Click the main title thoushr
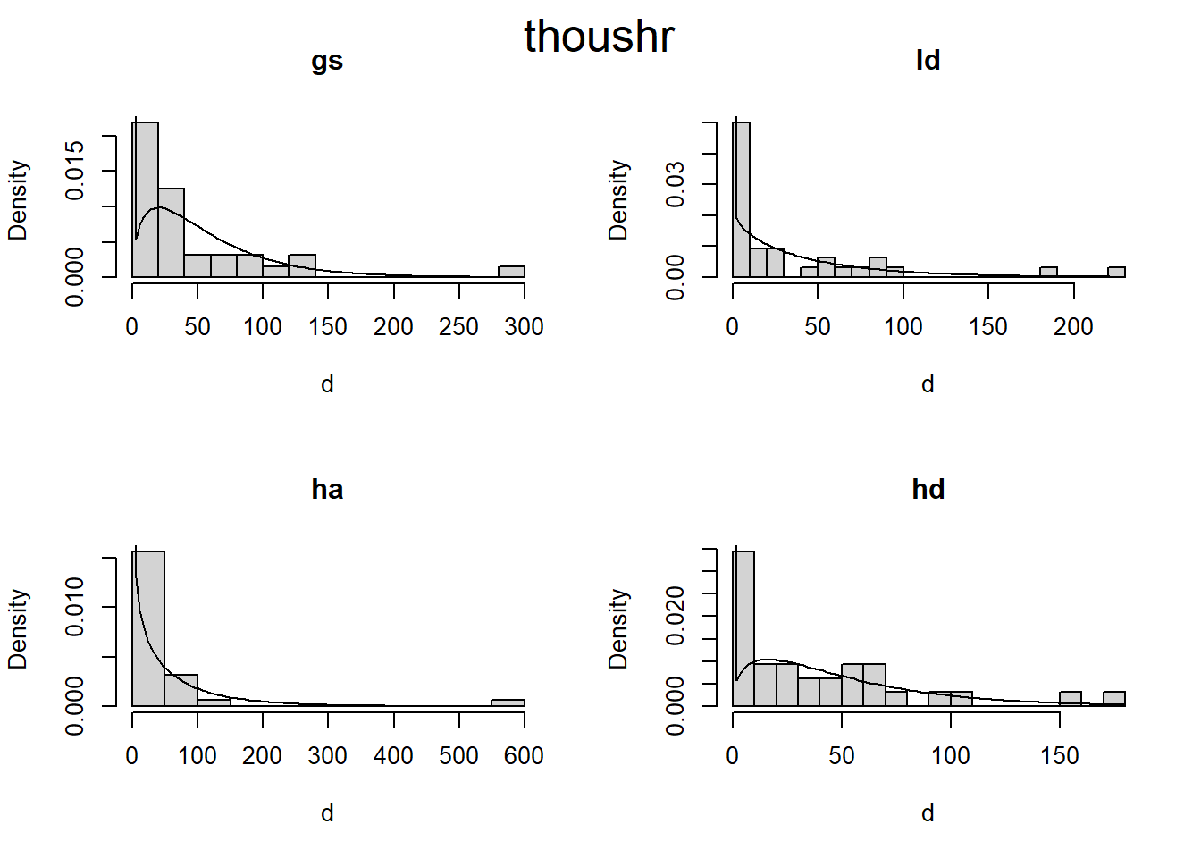[599, 38]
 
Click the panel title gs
[327, 61]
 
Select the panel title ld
[928, 61]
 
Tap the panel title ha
[327, 490]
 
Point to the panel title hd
[928, 490]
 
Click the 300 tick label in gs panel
[524, 327]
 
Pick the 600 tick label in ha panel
[524, 756]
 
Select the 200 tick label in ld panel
[1073, 327]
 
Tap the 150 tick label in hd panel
[1059, 756]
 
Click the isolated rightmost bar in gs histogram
[511, 272]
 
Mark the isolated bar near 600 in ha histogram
[508, 702]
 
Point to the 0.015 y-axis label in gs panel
[75, 170]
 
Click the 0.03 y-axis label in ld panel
[676, 184]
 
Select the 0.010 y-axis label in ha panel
[75, 607]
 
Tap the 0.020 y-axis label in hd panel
[676, 615]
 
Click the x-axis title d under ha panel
[327, 813]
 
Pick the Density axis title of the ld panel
[617, 200]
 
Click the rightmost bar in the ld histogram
[1116, 272]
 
